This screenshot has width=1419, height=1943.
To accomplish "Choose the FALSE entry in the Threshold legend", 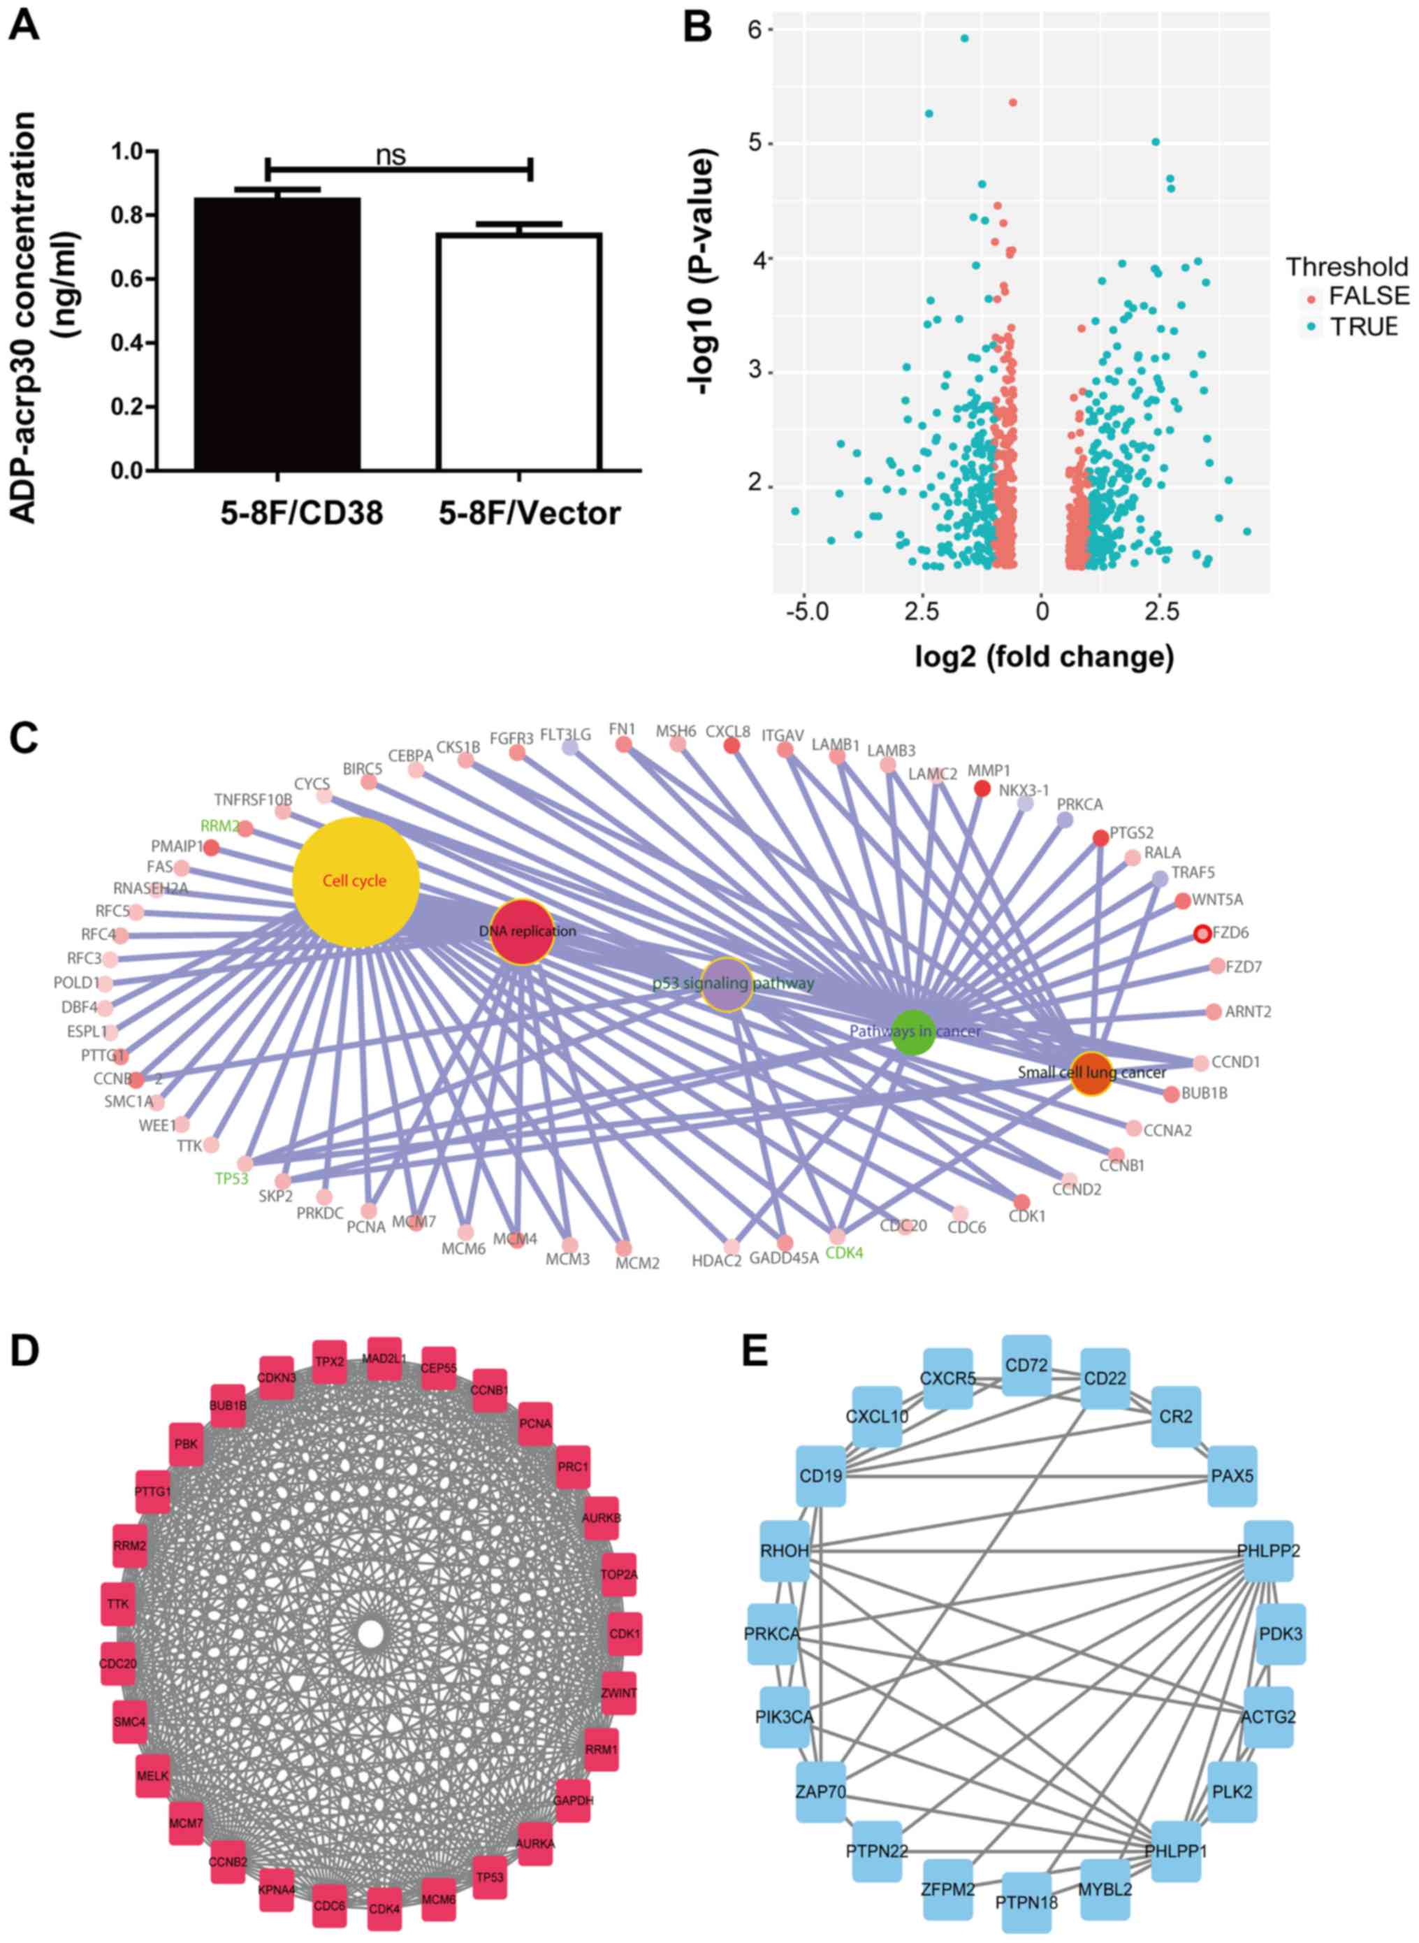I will [x=1368, y=296].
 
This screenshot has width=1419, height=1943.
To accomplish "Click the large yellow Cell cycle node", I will [x=356, y=881].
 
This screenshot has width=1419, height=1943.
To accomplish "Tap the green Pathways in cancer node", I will [x=913, y=1031].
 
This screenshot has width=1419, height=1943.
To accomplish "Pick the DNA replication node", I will [x=521, y=931].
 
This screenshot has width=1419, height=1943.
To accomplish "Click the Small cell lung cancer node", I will [x=1091, y=1072].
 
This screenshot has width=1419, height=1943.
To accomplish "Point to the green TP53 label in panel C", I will [x=232, y=1178].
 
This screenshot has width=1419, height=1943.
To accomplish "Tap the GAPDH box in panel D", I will [x=573, y=1800].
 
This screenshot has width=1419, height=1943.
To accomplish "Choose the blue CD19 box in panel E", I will [x=821, y=1476].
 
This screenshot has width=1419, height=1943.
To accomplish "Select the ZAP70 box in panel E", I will [x=821, y=1793].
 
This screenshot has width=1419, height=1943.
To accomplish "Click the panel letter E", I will [x=756, y=1351].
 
